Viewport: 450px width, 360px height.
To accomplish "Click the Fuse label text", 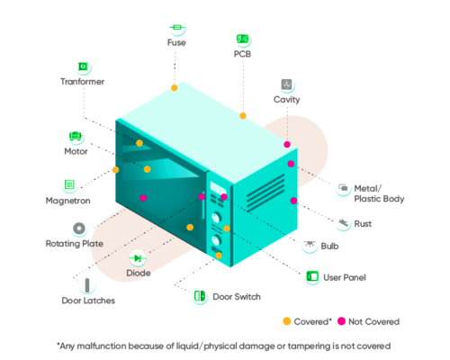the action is tap(176, 42).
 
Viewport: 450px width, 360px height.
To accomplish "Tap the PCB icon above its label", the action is tap(242, 39).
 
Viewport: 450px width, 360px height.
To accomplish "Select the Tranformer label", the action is tap(82, 82).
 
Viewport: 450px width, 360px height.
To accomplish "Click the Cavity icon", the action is tap(286, 85).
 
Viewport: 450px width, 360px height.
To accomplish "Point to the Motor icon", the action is tap(76, 136).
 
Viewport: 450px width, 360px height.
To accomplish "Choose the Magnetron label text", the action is tap(67, 201).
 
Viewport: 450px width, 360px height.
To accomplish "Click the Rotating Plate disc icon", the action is tap(79, 229).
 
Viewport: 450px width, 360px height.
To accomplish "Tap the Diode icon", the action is tap(138, 258).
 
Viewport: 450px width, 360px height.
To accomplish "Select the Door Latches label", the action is tap(88, 301).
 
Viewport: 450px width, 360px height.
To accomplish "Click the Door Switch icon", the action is tap(200, 296).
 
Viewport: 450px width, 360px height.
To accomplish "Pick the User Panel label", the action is tap(345, 277).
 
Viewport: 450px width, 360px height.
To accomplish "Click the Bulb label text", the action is tap(329, 247).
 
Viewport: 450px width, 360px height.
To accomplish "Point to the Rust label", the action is tap(363, 224).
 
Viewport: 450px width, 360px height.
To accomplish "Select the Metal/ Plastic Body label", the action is tap(379, 193).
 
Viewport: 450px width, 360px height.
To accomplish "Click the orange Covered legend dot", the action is tap(287, 321).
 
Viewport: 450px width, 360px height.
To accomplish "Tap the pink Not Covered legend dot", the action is tap(341, 321).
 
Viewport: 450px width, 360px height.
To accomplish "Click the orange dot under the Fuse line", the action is tap(175, 88).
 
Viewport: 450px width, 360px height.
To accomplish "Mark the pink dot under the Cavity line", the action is tap(287, 145).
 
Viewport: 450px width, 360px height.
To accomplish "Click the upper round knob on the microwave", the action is tap(216, 217).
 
